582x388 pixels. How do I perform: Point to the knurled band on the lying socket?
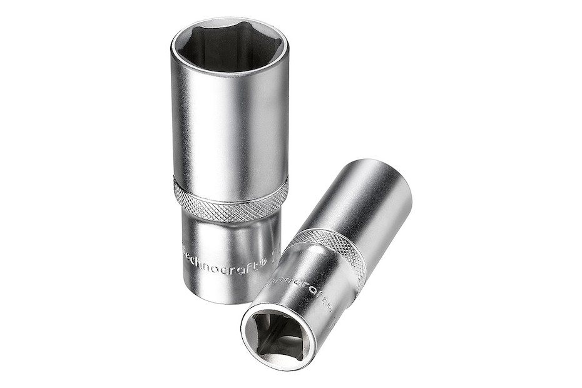click(x=332, y=253)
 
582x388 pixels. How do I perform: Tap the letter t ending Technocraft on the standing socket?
click(x=256, y=261)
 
